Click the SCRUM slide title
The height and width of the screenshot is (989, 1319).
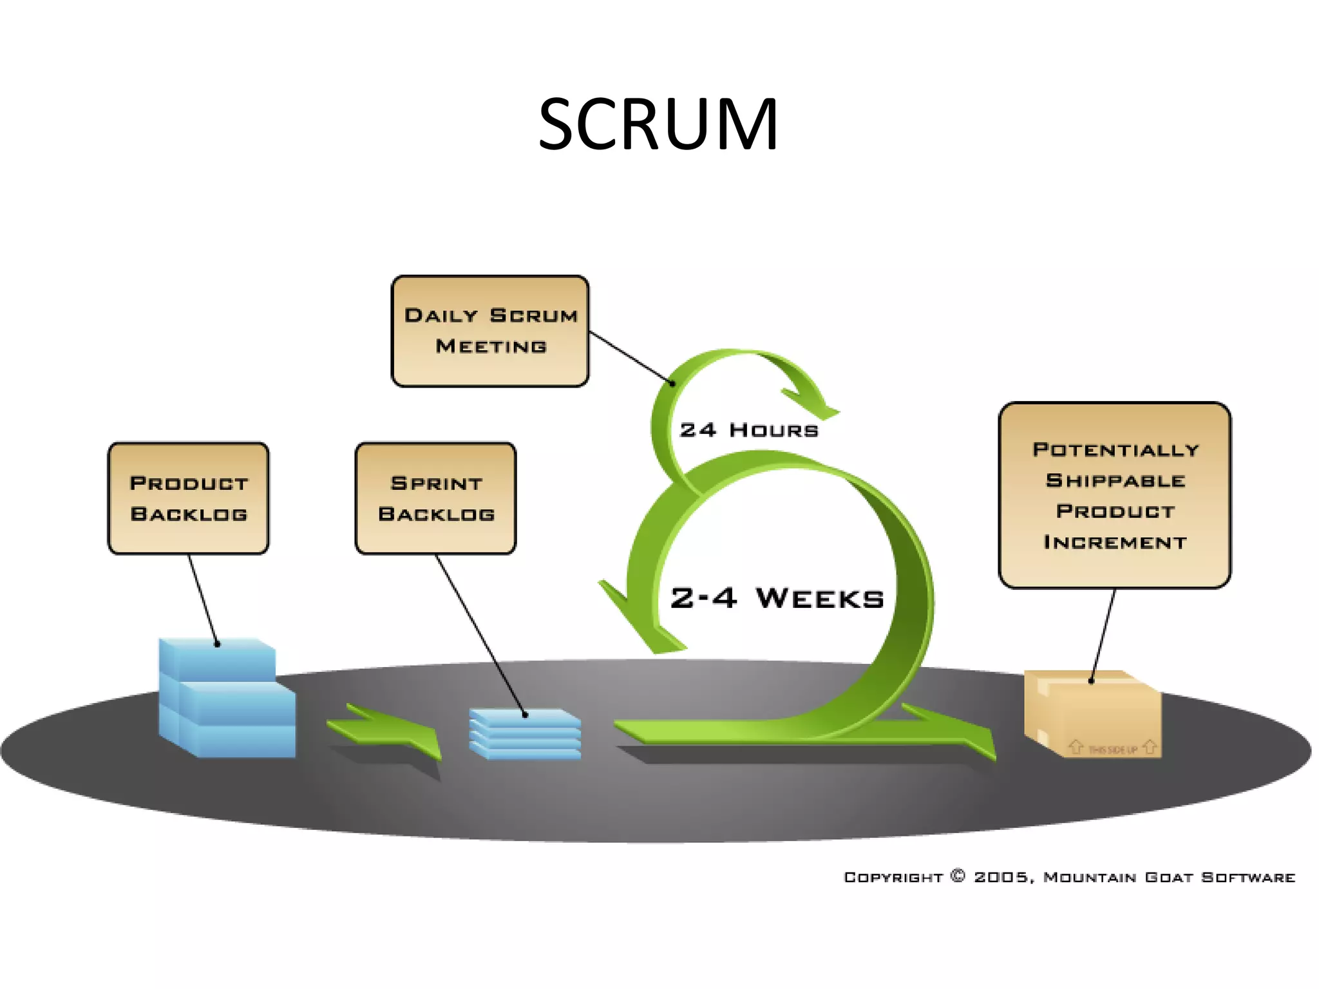(x=658, y=124)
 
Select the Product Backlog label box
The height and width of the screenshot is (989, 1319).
(x=188, y=498)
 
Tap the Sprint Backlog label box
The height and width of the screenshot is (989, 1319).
(x=436, y=498)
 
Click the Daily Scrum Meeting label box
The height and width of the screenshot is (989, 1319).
(x=490, y=331)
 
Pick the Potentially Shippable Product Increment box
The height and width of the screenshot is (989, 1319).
(x=1114, y=494)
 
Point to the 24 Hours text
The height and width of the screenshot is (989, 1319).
(x=748, y=430)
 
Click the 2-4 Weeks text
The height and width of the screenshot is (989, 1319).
(x=777, y=598)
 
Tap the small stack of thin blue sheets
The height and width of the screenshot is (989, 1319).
(x=525, y=734)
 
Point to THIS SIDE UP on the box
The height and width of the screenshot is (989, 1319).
(x=1112, y=749)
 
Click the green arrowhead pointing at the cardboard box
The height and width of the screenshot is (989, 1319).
(x=966, y=734)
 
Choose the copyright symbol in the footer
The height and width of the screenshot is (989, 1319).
(x=958, y=876)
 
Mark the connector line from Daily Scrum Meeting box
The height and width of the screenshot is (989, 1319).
(x=631, y=358)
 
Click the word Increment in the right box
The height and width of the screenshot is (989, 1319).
(x=1114, y=542)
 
